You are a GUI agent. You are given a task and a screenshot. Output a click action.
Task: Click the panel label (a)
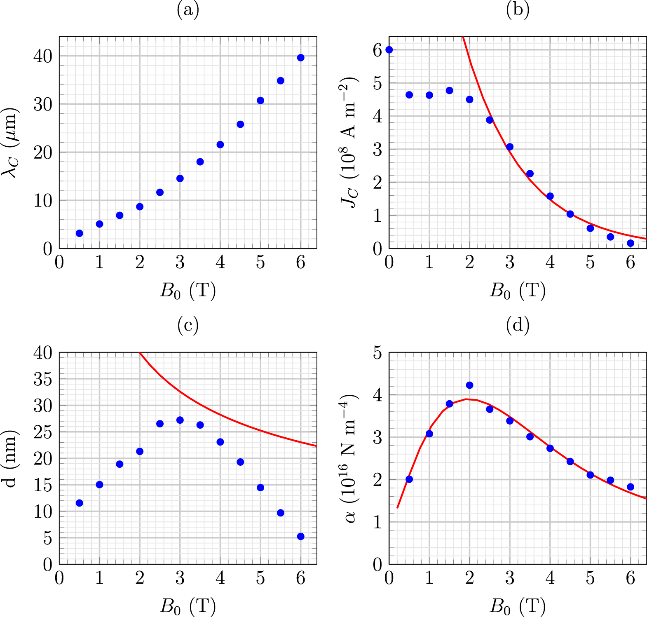188,10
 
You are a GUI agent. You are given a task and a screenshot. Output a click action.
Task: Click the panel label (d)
518,325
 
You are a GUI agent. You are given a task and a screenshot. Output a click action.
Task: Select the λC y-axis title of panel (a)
10,143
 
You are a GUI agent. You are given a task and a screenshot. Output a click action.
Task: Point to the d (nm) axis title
10,458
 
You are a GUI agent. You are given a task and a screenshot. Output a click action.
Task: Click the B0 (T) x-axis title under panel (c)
188,606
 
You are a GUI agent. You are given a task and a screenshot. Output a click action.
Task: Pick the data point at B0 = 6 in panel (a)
301,58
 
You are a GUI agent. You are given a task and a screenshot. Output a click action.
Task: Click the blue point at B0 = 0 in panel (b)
389,50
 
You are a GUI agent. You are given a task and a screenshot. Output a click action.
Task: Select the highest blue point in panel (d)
469,385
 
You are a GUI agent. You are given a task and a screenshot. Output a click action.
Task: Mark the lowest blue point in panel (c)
301,536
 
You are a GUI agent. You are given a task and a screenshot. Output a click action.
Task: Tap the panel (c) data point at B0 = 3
180,420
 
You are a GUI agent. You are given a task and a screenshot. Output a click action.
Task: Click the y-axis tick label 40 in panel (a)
43,56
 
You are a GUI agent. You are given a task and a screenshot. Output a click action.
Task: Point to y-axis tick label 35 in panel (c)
43,379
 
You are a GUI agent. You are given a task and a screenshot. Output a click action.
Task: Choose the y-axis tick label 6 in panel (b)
377,50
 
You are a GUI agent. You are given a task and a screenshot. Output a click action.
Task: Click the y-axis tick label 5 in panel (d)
377,353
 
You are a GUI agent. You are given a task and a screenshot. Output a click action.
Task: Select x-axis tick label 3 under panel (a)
180,263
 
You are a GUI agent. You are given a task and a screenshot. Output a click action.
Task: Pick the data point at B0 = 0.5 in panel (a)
80,233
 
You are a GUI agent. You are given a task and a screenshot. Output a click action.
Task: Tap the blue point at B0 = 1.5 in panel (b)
450,91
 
